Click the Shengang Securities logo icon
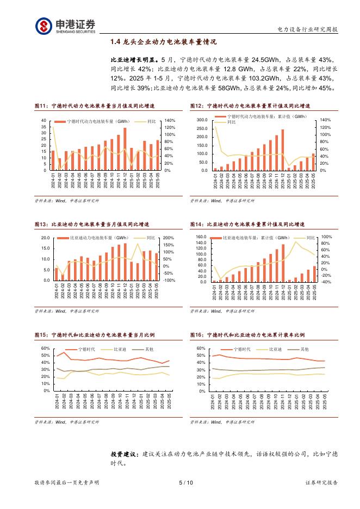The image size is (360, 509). point(44,25)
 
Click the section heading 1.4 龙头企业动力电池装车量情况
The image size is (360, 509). point(163,42)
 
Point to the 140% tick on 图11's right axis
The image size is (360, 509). point(169,120)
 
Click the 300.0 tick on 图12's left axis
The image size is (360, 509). point(202,120)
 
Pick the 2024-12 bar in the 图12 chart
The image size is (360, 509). point(283,150)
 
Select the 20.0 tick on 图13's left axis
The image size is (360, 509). point(45,238)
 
